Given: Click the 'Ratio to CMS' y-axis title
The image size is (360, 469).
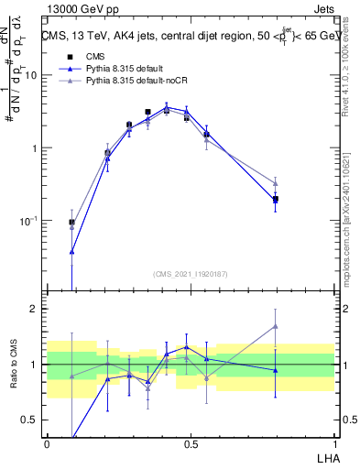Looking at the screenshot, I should point(13,365).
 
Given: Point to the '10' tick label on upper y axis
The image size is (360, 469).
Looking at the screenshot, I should point(30,75).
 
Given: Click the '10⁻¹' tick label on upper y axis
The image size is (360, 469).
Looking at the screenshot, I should point(29,221).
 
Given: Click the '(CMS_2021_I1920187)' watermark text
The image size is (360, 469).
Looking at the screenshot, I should point(191,273).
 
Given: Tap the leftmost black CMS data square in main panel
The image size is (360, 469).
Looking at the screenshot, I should point(71,222).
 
